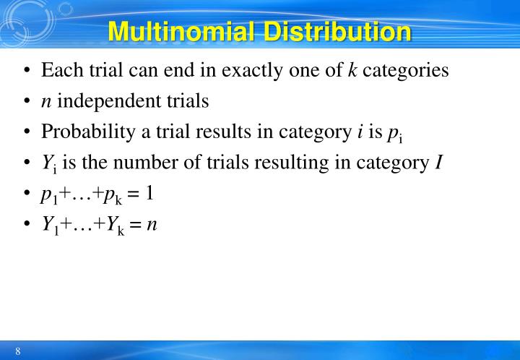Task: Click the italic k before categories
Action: coord(353,71)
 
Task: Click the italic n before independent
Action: coord(46,102)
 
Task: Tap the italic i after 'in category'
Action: coord(360,132)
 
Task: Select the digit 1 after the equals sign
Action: coord(149,194)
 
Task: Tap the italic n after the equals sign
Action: coord(151,225)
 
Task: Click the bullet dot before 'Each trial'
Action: coord(27,72)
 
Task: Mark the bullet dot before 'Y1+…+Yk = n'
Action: coord(27,225)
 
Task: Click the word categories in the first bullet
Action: coord(406,72)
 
